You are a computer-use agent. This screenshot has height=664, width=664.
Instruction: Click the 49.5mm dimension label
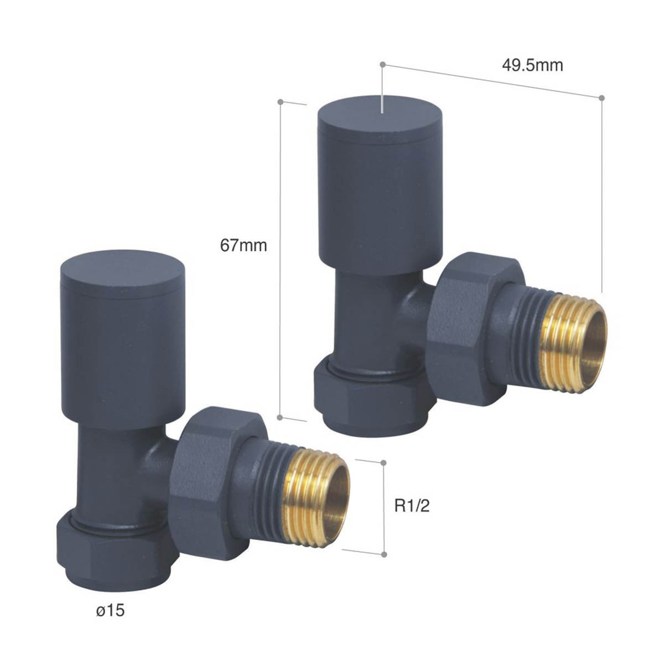click(532, 65)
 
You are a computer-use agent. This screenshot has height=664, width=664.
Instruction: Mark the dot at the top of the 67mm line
click(281, 102)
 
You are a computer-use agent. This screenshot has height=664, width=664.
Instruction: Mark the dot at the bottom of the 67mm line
click(280, 416)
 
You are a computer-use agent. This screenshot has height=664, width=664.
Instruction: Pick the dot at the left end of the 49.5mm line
click(382, 65)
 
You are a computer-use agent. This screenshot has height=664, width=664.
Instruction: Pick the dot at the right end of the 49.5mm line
click(602, 98)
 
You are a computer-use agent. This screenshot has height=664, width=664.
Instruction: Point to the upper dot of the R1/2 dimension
click(383, 461)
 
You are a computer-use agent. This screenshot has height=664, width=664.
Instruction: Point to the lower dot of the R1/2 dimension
click(383, 553)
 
